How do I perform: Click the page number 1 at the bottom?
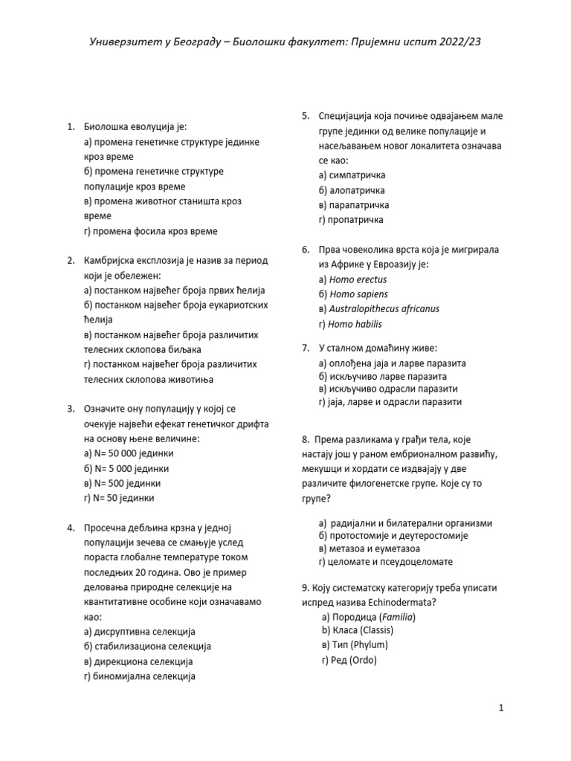click(502, 708)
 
